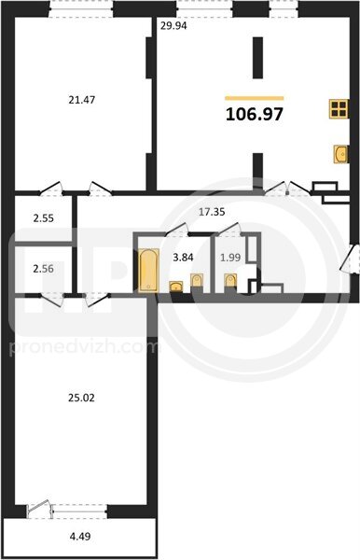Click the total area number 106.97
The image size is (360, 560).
pos(255,114)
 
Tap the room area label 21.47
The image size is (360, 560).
pos(82,100)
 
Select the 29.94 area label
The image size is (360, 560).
pos(173,26)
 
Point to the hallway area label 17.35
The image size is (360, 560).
pos(212,212)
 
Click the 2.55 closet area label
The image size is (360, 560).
pos(44,218)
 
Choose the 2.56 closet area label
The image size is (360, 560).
pos(44,269)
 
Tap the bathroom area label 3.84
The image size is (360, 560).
pos(183,258)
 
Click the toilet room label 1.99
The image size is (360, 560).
pos(230,258)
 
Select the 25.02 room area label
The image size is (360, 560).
pos(81,398)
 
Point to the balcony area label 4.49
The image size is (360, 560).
pos(80,536)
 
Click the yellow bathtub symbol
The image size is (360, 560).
pos(148,270)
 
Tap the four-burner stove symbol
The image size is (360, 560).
pos(339,108)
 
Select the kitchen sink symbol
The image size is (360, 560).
pos(340,154)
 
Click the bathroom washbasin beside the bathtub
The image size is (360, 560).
pos(176,287)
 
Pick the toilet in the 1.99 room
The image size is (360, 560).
pos(230,281)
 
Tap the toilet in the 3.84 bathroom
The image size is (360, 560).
pos(197,281)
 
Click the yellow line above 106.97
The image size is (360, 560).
pos(255,98)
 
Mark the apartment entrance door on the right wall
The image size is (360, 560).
pos(349,259)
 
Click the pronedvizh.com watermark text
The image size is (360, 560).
pos(84,347)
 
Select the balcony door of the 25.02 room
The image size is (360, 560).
pos(38,508)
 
